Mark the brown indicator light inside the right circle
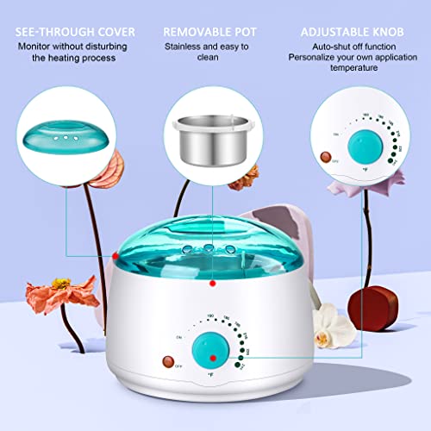(x=325, y=159)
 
